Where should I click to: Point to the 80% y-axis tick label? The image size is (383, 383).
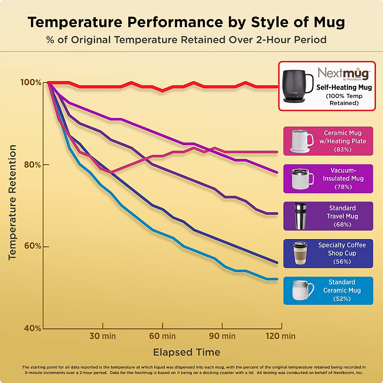[33, 165]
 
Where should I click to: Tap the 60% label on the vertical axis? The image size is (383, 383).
[33, 246]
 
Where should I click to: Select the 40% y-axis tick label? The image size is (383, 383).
[33, 328]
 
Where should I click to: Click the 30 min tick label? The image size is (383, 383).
[102, 336]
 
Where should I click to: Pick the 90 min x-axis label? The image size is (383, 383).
[222, 336]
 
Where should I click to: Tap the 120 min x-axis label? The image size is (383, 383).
[281, 336]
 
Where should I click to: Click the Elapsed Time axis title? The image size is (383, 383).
[187, 352]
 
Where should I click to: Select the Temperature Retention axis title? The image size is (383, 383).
[12, 202]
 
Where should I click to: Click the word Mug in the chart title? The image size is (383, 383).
[329, 22]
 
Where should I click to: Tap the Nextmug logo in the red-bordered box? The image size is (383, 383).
[344, 74]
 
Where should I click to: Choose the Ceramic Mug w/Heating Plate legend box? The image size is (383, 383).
[328, 141]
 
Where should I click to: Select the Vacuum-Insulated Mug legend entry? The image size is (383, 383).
[328, 179]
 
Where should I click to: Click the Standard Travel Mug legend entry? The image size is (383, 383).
[328, 216]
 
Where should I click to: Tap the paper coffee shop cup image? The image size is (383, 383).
[300, 253]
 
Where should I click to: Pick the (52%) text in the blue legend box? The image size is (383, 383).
[342, 299]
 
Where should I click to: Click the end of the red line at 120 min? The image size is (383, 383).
[277, 86]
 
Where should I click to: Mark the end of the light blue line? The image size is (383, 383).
[277, 279]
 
